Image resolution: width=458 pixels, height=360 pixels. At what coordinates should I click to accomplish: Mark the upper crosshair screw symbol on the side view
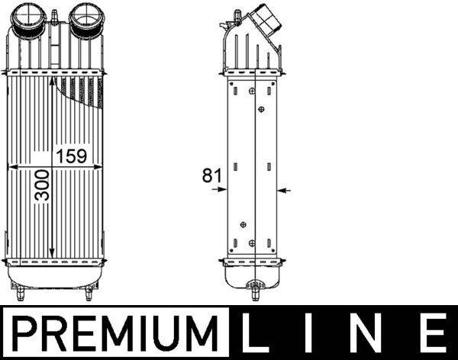[262, 109]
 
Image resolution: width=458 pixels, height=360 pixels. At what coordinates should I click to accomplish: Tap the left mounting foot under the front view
[22, 291]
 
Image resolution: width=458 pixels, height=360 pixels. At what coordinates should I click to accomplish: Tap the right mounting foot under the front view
[90, 292]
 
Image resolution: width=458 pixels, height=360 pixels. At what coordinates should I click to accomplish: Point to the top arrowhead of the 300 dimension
[51, 78]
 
